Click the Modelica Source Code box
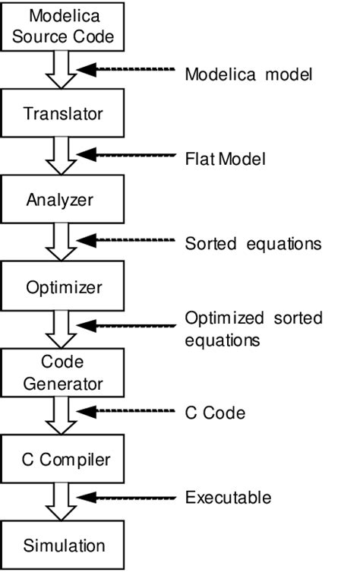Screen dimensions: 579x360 pyautogui.click(x=63, y=27)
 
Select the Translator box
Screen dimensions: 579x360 pyautogui.click(x=63, y=114)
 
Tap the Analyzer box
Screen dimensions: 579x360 pyautogui.click(x=63, y=200)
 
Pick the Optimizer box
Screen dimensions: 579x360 pyautogui.click(x=63, y=288)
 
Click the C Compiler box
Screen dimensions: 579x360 pyautogui.click(x=63, y=459)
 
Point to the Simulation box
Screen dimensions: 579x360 pyautogui.click(x=63, y=545)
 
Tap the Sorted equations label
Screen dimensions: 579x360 pyautogui.click(x=253, y=244)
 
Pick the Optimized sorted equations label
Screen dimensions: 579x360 pyautogui.click(x=253, y=328)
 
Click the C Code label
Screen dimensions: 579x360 pyautogui.click(x=215, y=413)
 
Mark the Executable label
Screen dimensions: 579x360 pyautogui.click(x=228, y=498)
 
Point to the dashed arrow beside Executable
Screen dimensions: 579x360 pyautogui.click(x=125, y=498)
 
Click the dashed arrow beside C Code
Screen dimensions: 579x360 pyautogui.click(x=125, y=413)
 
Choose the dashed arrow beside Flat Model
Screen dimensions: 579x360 pyautogui.click(x=125, y=156)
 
